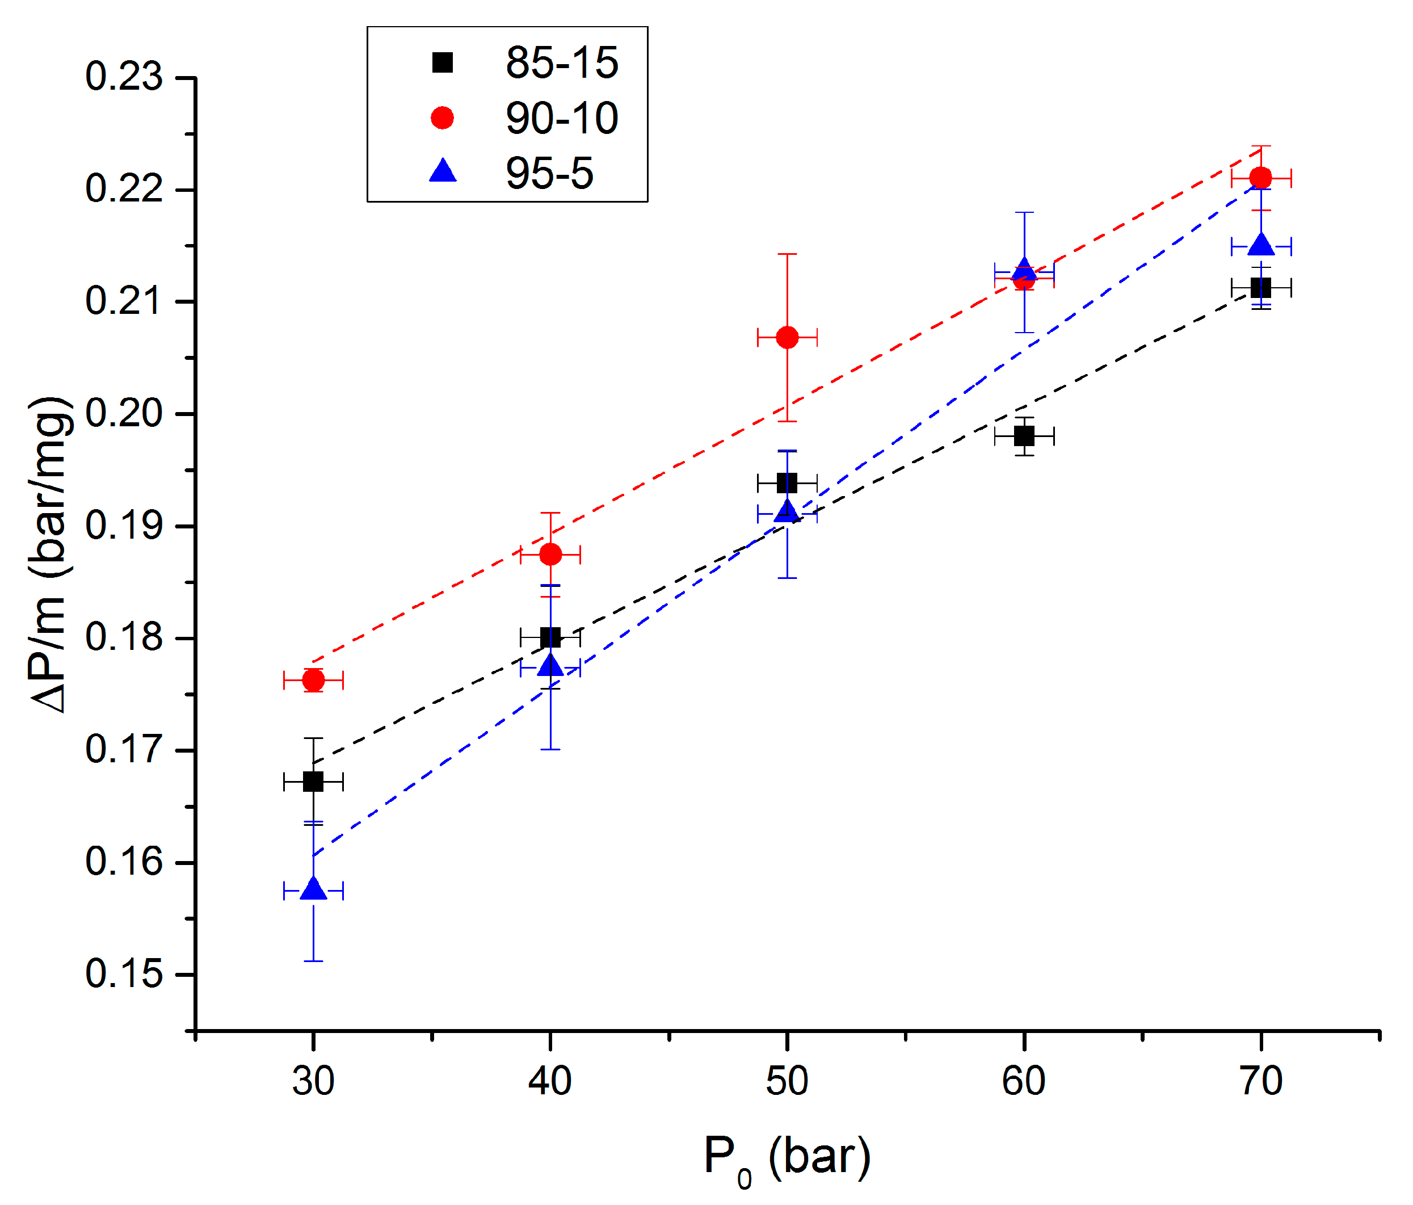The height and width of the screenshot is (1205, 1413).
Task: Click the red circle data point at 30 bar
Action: pos(313,680)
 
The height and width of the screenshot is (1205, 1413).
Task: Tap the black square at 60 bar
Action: pos(1024,436)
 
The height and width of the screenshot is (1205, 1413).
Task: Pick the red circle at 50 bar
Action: pos(787,337)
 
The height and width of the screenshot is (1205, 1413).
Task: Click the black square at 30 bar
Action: pos(313,782)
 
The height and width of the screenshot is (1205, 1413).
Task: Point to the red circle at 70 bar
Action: pos(1261,178)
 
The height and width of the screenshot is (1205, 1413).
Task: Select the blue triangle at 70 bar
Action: pos(1261,244)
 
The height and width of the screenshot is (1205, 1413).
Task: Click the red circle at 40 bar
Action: pos(550,555)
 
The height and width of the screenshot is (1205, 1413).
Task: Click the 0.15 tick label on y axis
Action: pos(124,974)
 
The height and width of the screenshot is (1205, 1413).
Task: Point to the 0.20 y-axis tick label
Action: pos(124,413)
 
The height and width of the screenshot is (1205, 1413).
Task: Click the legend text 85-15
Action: pos(561,63)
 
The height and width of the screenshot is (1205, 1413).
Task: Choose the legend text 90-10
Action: pos(561,118)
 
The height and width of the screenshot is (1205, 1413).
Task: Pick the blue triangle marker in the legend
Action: pos(443,171)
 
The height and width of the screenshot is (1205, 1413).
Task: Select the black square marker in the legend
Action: pos(443,63)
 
